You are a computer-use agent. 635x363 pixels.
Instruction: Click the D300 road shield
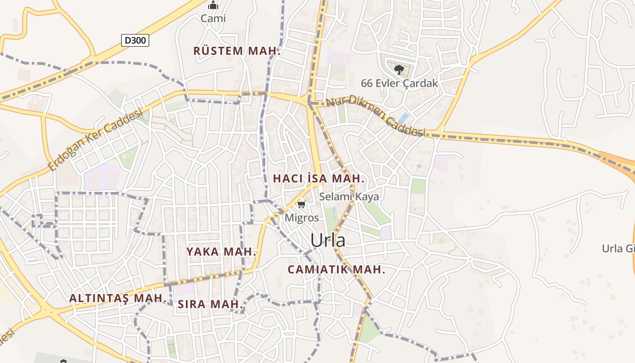[135, 40]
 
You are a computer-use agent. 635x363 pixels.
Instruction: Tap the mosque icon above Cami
[213, 5]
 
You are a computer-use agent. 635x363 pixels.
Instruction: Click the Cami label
[213, 19]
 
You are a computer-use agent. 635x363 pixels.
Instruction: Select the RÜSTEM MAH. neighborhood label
[237, 51]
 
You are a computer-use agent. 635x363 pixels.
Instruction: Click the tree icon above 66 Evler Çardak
[399, 69]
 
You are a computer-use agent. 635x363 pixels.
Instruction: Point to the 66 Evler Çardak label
[399, 83]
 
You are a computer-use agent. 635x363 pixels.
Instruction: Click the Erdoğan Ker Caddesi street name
[95, 139]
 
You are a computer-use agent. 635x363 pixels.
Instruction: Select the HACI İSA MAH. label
[318, 179]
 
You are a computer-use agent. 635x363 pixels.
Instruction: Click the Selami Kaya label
[349, 196]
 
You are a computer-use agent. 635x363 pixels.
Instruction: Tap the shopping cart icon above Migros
[302, 205]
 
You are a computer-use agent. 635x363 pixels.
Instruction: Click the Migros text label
[302, 217]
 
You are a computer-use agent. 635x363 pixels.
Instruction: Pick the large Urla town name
[328, 240]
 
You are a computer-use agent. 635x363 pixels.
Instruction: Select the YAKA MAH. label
[221, 252]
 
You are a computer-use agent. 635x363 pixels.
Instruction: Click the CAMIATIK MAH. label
[336, 270]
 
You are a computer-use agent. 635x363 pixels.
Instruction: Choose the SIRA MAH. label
[210, 304]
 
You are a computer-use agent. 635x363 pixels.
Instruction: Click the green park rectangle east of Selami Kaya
[418, 186]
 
